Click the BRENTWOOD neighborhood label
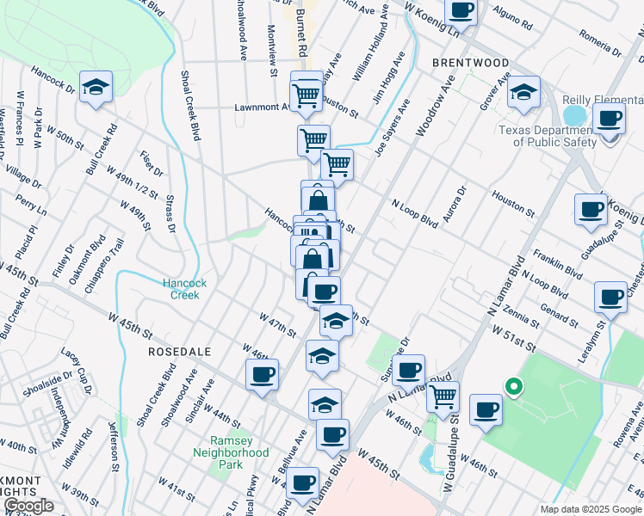pos(470,63)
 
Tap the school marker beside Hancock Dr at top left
pos(96,87)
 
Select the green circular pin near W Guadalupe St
pos(514,387)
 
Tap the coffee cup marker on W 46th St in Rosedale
pos(263,375)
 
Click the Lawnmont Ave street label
pos(263,108)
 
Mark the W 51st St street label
pos(513,337)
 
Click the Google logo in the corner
pos(28,506)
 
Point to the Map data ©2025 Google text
pos(590,509)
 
